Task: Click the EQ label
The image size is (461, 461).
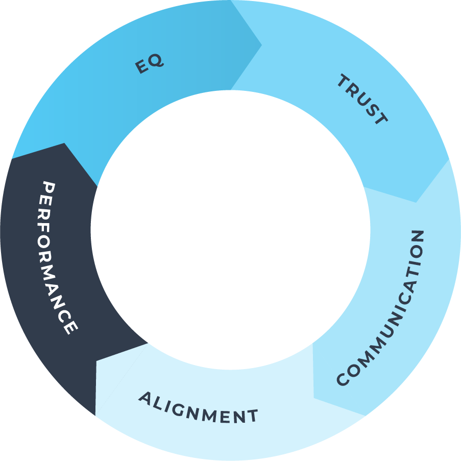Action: click(150, 64)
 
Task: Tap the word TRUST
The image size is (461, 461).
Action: click(362, 100)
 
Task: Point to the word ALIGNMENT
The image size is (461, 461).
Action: click(199, 408)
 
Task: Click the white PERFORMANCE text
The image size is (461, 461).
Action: click(59, 258)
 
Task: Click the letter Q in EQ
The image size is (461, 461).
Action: click(157, 61)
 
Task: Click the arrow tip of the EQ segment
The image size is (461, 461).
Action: click(261, 45)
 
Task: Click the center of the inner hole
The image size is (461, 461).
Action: click(230, 230)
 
